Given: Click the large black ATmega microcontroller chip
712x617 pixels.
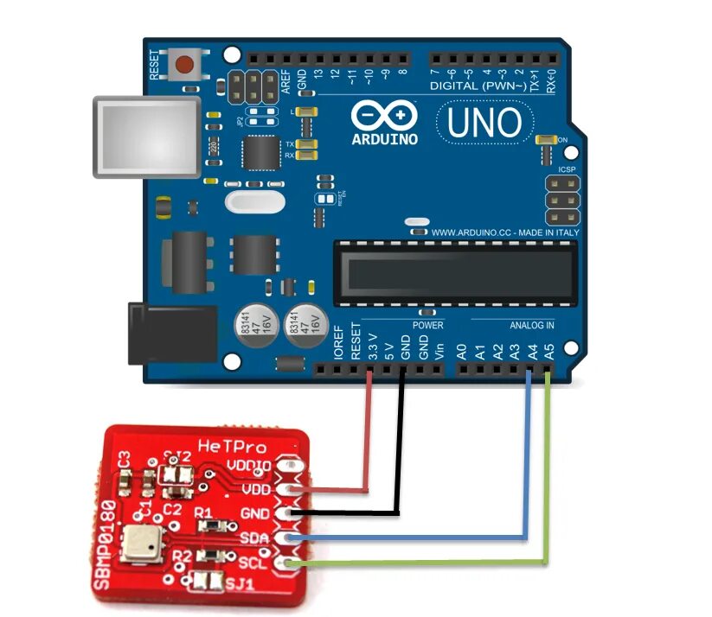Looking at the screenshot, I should tap(455, 273).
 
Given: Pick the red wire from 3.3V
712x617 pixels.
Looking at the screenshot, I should tap(369, 441).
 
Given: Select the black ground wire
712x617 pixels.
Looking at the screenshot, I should tap(401, 449).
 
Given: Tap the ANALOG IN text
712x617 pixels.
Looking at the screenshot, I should tap(530, 326).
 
